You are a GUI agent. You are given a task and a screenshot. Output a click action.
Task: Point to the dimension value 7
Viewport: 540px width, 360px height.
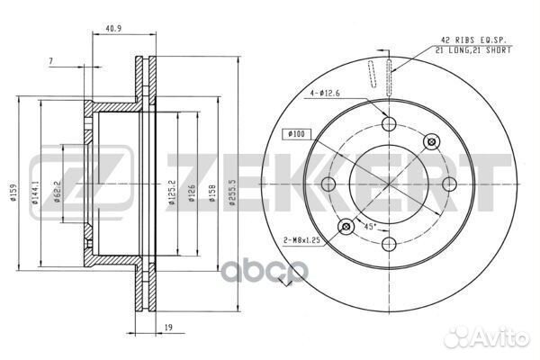coord(53,61)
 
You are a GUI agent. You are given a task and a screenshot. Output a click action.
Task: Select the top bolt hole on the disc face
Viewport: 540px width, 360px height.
coord(389,125)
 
